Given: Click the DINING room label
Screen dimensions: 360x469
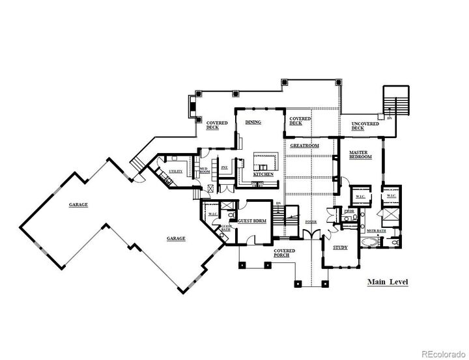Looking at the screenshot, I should pyautogui.click(x=253, y=122).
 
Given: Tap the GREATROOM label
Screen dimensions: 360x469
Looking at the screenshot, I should pyautogui.click(x=305, y=146).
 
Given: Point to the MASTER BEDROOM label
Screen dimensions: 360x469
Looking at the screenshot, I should pyautogui.click(x=360, y=156).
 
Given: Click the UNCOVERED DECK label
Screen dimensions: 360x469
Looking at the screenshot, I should pyautogui.click(x=362, y=126).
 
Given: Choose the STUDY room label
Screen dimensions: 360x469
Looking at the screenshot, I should pyautogui.click(x=340, y=248).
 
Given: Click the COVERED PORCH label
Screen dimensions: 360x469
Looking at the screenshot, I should pyautogui.click(x=285, y=253).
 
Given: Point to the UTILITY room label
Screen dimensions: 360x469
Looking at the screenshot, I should pyautogui.click(x=176, y=171).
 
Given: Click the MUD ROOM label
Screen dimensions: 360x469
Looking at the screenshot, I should pyautogui.click(x=204, y=171).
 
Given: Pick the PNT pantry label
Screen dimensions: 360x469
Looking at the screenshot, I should pyautogui.click(x=224, y=167).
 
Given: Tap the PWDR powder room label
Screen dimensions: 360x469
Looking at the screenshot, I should pyautogui.click(x=348, y=211).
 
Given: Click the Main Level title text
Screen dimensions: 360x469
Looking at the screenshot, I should pyautogui.click(x=387, y=282).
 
